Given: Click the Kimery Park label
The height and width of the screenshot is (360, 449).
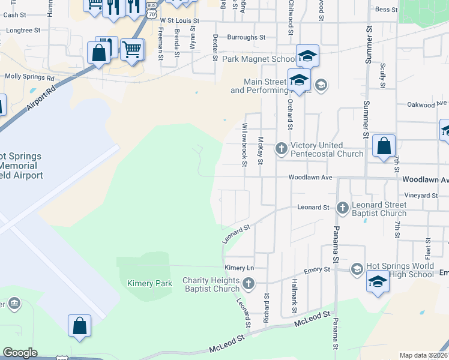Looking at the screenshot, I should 149,283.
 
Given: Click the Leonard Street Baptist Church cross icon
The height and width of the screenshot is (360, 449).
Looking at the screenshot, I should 342,208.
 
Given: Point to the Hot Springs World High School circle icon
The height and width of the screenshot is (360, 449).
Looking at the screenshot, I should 357,268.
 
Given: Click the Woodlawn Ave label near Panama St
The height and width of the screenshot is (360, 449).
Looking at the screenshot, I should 310,178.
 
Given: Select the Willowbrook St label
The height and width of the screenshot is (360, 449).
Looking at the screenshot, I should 244,142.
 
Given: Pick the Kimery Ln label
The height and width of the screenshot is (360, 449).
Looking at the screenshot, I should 239,268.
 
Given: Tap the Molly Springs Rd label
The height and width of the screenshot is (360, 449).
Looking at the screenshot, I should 29,77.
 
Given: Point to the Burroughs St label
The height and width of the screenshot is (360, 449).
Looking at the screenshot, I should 246,37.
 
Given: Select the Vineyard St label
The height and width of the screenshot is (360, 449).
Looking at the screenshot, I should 421,196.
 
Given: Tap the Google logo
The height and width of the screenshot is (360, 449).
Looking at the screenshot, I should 20,353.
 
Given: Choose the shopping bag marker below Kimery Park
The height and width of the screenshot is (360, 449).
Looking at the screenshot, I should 79,327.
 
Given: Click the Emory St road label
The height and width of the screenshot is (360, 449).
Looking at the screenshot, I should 316,271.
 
